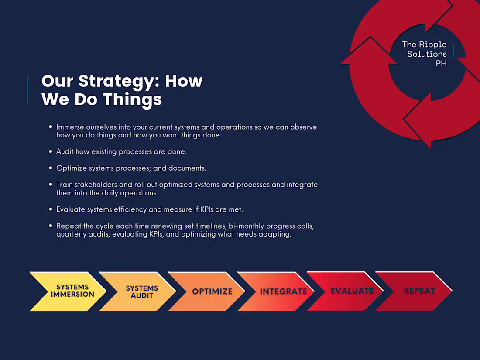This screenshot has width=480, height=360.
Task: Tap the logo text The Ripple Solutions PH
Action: [x=424, y=54]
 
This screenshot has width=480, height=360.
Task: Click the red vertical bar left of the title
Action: [x=27, y=89]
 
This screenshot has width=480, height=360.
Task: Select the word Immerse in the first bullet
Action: [x=70, y=127]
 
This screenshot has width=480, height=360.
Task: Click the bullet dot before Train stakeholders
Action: [x=51, y=185]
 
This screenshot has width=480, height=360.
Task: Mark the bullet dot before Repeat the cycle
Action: [x=51, y=226]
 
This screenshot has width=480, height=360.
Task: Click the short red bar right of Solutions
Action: [x=454, y=51]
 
